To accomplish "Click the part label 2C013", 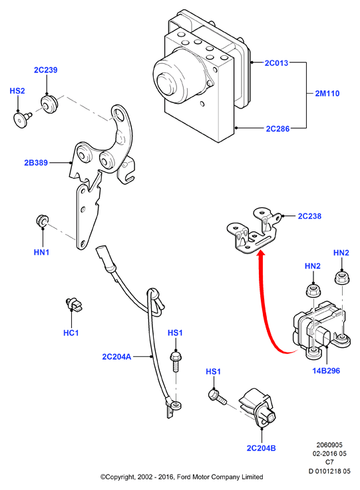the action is click(276, 62).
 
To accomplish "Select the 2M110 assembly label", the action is click(327, 93).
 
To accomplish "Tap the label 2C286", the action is click(277, 128).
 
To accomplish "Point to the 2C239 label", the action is click(46, 70).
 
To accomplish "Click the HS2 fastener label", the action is click(17, 91).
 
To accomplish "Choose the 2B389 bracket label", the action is click(36, 162).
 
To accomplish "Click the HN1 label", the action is click(42, 252).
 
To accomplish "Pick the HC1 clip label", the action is click(71, 333).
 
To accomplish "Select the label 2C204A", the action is click(116, 356).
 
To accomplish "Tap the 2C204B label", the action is click(261, 448).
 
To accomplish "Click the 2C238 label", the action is click(309, 216).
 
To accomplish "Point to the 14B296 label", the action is click(326, 370).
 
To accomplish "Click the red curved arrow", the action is click(266, 306).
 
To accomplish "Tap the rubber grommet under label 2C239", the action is click(49, 104).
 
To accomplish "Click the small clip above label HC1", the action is click(73, 304).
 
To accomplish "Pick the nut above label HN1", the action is click(42, 220).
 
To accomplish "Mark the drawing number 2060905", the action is click(329, 445).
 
